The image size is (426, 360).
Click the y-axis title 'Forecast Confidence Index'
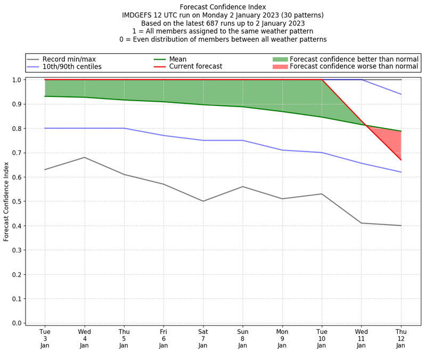[6, 201]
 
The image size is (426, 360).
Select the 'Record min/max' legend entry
[69, 59]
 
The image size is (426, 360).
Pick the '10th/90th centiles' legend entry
[72, 67]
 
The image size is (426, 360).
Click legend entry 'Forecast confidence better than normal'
[354, 59]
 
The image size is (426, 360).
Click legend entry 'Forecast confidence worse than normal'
[354, 67]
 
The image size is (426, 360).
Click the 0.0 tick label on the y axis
[17, 323]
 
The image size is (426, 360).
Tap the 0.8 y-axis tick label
[17, 128]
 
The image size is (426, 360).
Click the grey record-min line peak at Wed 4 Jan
[85, 157]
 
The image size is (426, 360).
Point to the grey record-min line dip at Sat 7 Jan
[203, 201]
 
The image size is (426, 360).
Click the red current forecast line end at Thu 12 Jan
[401, 160]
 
